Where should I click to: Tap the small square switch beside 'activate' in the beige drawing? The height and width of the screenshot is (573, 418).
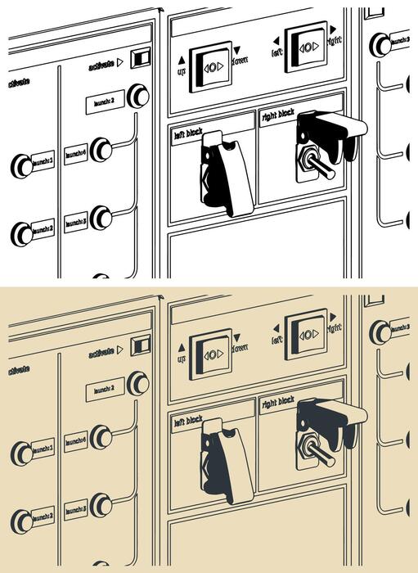click(x=142, y=344)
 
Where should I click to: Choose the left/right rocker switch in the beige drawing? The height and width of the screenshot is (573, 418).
click(x=305, y=334)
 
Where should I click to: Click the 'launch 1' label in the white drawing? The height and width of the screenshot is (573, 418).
click(x=43, y=160)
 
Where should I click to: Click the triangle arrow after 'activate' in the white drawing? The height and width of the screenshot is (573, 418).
click(x=119, y=61)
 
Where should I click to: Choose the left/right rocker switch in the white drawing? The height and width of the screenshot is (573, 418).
click(x=305, y=46)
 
